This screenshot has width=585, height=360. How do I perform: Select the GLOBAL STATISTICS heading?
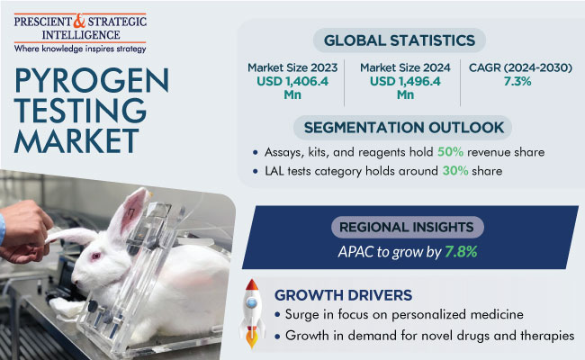click(402, 40)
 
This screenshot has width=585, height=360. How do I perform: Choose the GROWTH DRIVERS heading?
click(344, 294)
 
